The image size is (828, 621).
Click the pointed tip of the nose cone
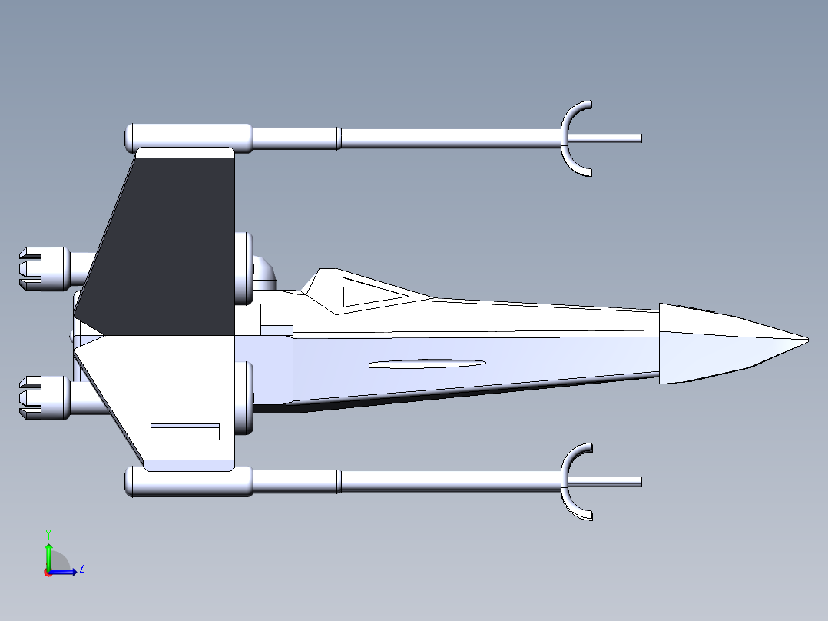click(x=808, y=340)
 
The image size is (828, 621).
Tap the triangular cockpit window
click(x=369, y=292)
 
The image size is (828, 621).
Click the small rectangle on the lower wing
click(x=185, y=432)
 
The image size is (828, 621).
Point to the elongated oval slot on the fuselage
click(x=427, y=364)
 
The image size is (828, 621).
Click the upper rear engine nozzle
click(x=43, y=268)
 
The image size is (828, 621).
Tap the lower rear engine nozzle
click(x=43, y=398)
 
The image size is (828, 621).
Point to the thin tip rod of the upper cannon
click(x=605, y=138)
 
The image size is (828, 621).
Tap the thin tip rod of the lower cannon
click(x=605, y=481)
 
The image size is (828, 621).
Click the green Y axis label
click(x=48, y=534)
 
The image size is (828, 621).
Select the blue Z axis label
click(x=82, y=568)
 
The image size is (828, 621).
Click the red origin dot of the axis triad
click(x=48, y=573)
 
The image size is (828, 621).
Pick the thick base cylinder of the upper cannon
click(x=188, y=138)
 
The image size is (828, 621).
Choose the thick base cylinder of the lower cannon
click(x=188, y=481)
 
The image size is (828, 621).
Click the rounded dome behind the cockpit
click(x=264, y=272)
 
